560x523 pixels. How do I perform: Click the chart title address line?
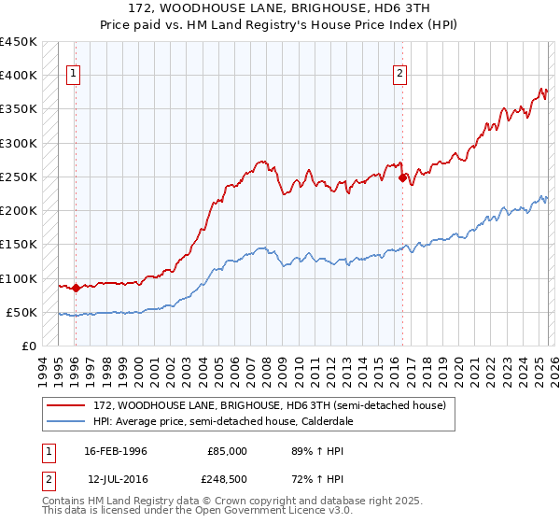(280, 9)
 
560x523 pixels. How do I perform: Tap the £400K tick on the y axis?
(19, 76)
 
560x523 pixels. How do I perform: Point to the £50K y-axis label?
(22, 312)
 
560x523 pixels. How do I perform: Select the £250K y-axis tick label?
(19, 177)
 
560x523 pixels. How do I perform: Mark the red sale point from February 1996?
(76, 289)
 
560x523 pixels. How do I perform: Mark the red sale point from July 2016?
(403, 177)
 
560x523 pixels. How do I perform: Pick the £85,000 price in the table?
(228, 451)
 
